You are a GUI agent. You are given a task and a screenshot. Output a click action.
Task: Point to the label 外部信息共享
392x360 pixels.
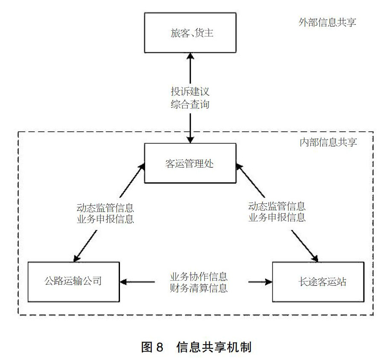click(327, 22)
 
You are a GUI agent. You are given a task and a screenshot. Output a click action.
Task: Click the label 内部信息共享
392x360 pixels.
click(328, 142)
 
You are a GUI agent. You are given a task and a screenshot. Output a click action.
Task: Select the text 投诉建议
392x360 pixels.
click(190, 91)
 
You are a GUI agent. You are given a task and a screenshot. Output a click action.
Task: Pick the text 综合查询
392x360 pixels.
click(190, 104)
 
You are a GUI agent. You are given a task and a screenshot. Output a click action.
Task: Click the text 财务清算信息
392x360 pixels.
click(199, 288)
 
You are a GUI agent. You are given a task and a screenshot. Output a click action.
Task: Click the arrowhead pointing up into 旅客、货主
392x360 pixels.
click(190, 56)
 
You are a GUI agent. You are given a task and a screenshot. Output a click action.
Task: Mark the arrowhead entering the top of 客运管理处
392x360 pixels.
click(190, 140)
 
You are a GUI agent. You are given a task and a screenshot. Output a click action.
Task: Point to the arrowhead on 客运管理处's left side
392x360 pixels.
click(142, 167)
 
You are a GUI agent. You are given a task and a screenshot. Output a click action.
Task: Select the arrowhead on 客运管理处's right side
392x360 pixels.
click(239, 167)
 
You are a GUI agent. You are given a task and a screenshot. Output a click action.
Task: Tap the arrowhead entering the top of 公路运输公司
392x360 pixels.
click(76, 258)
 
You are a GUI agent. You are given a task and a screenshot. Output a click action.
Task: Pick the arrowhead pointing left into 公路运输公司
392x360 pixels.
click(123, 282)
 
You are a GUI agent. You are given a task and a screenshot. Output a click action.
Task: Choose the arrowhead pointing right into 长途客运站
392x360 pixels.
click(269, 282)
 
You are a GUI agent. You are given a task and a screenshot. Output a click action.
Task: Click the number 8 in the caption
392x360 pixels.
click(160, 347)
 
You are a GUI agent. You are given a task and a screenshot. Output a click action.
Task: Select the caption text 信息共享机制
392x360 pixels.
click(214, 347)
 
